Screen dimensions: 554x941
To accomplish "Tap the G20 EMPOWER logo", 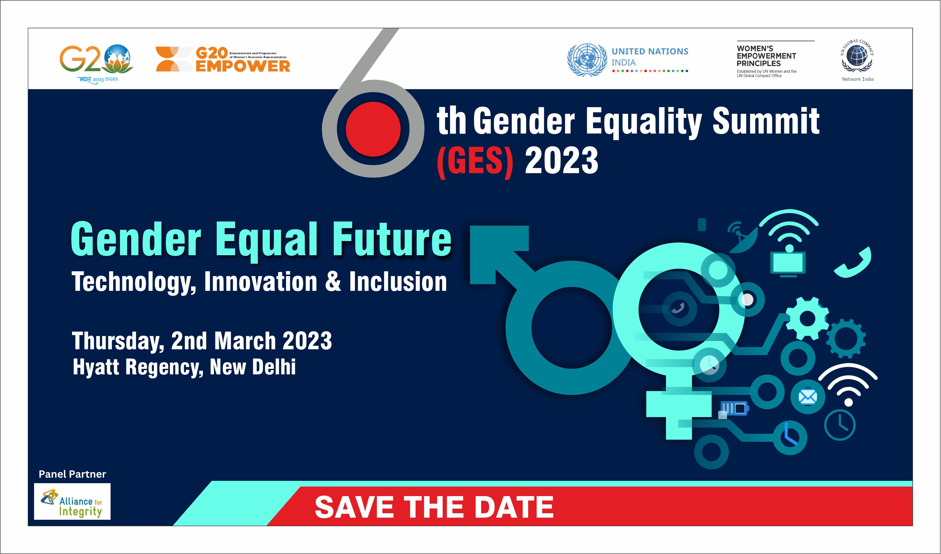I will point(223,59).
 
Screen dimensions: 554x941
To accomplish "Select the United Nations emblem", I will point(587,60).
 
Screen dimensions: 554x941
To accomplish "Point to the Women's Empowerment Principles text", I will point(766,56).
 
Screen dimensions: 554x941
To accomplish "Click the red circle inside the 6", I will point(373,129).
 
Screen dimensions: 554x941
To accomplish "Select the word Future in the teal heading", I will point(392,239).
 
